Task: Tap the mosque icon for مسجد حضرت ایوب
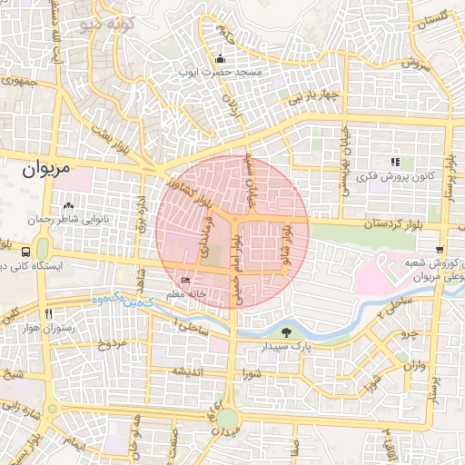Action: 220,59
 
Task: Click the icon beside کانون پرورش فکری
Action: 395,161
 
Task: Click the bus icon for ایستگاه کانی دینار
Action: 25,251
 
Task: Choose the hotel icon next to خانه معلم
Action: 186,280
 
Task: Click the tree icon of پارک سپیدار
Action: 287,333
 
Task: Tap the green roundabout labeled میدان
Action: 226,419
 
